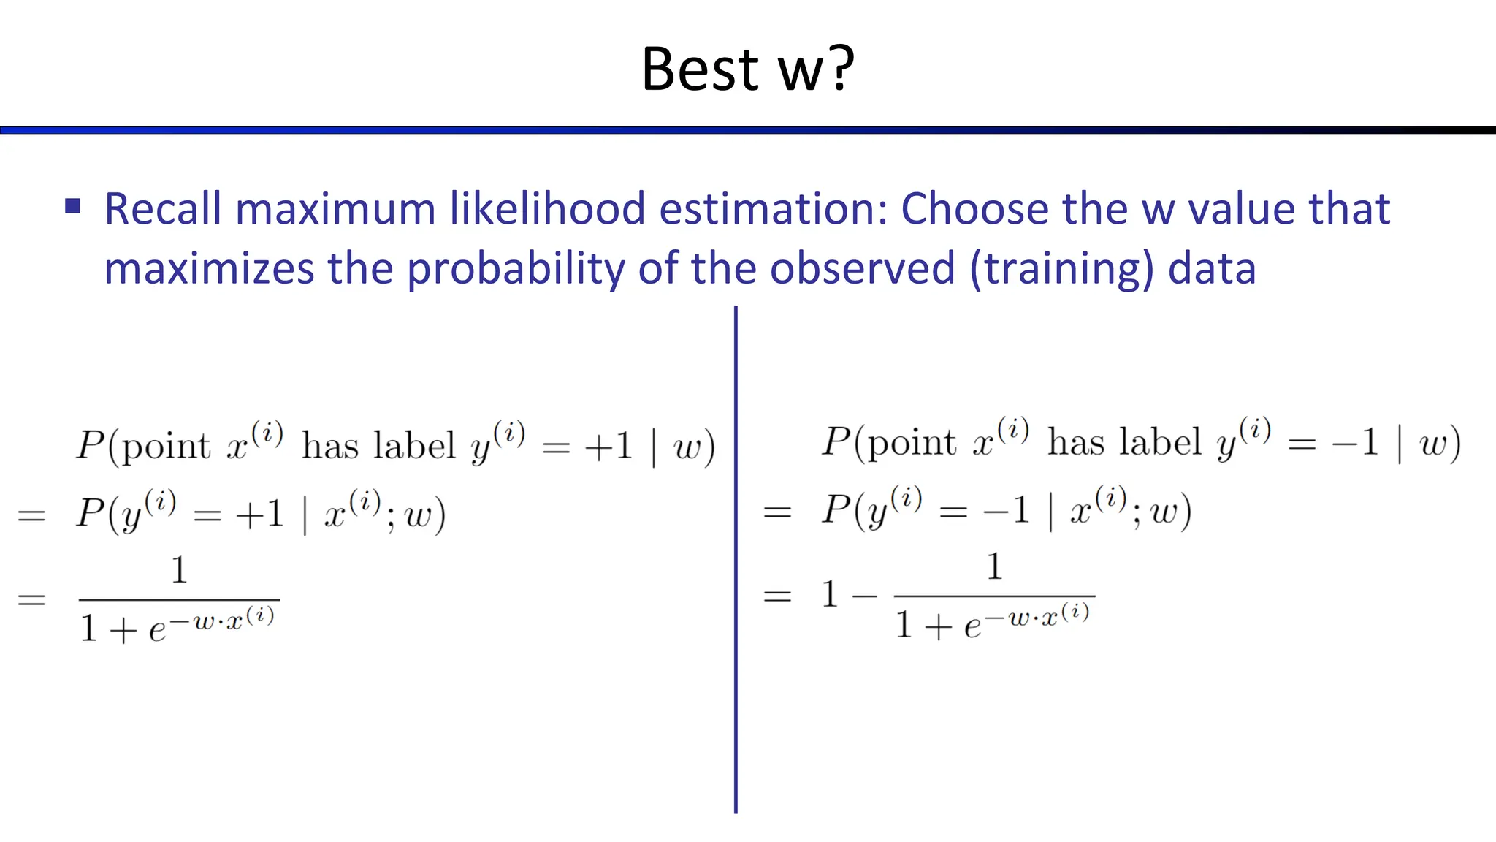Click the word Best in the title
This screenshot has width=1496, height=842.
(700, 69)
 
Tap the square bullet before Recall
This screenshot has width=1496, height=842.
(72, 206)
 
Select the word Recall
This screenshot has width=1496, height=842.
(162, 209)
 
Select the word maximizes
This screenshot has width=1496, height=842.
(209, 269)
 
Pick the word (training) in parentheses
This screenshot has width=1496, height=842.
(1061, 269)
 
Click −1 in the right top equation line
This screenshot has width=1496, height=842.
(1356, 443)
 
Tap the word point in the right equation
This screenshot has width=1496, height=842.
(911, 442)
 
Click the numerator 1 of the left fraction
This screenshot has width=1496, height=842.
(179, 570)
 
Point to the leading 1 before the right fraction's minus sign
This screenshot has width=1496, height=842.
(830, 594)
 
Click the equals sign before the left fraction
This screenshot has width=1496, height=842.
(31, 600)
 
